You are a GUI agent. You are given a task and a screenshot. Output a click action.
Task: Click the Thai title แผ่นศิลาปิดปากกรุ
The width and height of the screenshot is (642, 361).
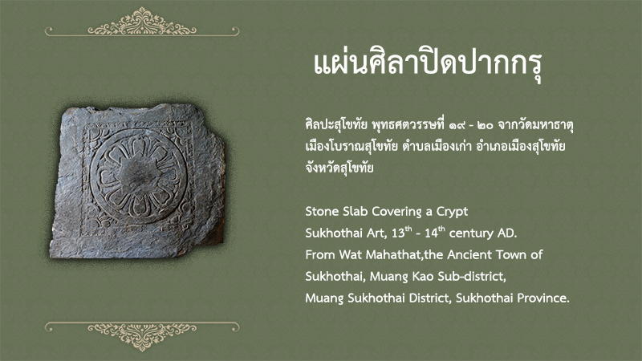pos(428,66)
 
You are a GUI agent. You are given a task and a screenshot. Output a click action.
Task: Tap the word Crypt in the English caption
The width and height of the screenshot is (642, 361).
pos(452,212)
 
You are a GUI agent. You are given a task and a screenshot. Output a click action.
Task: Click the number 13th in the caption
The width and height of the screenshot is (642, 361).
pos(402,232)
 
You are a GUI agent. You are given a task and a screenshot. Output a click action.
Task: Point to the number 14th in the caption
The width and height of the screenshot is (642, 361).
pos(434,232)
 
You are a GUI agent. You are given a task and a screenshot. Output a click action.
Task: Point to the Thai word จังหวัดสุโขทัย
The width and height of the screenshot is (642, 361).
pos(339,168)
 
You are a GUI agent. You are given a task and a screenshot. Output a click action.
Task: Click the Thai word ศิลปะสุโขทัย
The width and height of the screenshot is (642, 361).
pos(336,124)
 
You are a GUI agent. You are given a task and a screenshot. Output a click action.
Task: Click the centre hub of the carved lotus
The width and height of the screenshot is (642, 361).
pos(138,176)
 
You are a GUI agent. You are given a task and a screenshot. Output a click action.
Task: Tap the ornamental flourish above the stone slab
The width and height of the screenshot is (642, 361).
pos(142,24)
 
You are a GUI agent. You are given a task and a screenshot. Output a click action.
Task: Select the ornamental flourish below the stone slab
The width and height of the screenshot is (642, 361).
pos(142,335)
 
